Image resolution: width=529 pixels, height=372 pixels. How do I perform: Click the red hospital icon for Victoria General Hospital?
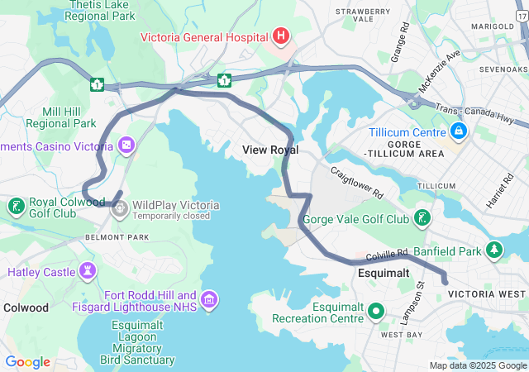[x=281, y=36]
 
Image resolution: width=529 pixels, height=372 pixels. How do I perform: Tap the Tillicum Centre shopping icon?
[x=457, y=131]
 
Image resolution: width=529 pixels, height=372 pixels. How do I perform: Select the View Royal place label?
[x=270, y=150]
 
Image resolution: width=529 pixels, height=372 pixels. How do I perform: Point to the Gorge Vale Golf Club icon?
[x=422, y=219]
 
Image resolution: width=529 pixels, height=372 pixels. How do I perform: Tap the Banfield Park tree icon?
[x=494, y=250]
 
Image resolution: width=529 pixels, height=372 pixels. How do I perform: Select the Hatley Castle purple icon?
[x=88, y=271]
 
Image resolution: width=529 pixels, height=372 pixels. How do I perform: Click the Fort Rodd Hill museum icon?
[x=209, y=298]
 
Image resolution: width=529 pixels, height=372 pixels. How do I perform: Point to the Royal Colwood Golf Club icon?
[x=16, y=206]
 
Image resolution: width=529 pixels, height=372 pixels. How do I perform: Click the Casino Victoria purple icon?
[x=126, y=146]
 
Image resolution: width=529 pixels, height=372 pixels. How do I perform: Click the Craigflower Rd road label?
[x=358, y=183]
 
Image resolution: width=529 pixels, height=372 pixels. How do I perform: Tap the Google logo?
[x=27, y=362]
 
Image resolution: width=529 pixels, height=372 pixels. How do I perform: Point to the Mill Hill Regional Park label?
[x=60, y=117]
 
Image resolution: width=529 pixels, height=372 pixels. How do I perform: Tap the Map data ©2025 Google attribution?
[x=478, y=365]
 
